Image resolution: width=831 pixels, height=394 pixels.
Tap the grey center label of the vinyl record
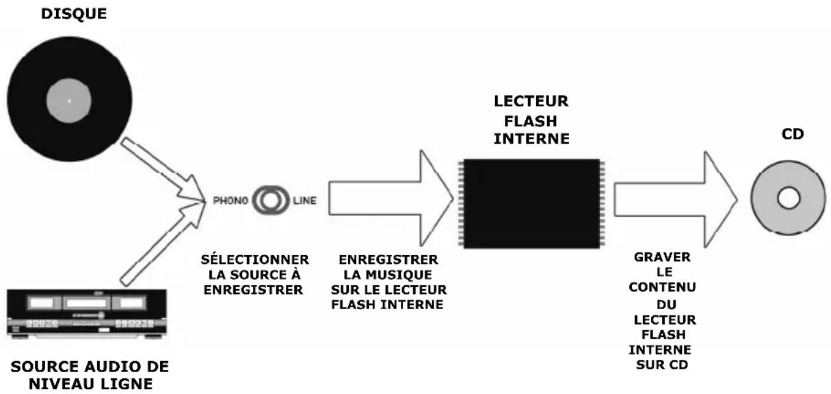click(69, 101)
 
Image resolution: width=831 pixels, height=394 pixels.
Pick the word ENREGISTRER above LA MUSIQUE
click(388, 261)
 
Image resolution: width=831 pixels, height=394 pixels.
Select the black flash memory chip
click(532, 204)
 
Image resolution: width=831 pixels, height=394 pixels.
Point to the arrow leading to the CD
click(674, 199)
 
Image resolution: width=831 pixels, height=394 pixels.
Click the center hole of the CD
click(787, 199)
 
